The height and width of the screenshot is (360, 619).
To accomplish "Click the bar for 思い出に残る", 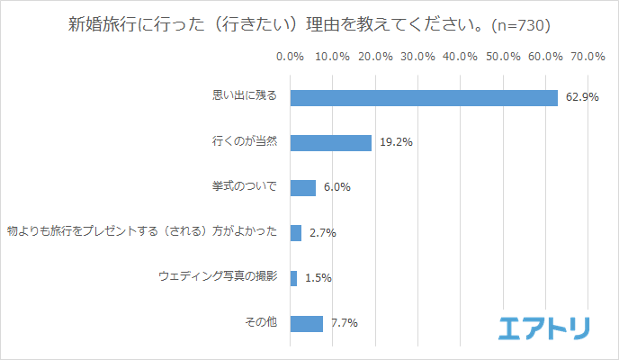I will pos(424,98).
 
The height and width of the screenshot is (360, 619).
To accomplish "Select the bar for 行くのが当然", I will pos(330,143).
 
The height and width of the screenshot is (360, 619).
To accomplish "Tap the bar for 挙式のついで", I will pos(303,188).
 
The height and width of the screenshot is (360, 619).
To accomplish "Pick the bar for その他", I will pos(307,323).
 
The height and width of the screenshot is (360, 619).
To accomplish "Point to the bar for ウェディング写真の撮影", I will pos(293,278).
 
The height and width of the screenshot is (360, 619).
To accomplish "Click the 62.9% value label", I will pos(582,98).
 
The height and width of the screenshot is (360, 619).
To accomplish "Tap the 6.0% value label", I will pos(336,188).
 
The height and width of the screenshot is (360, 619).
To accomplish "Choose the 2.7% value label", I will pos(322,233).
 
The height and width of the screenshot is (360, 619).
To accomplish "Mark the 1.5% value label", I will pos(318,278).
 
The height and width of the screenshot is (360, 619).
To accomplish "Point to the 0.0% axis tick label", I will pos(290,57).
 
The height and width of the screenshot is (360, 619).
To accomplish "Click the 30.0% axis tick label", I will pos(417,57).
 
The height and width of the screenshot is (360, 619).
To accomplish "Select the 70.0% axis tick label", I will pos(588,57).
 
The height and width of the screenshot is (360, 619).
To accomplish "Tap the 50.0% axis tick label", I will pos(503,57).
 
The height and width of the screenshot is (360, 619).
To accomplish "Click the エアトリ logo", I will pos(543,328).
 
